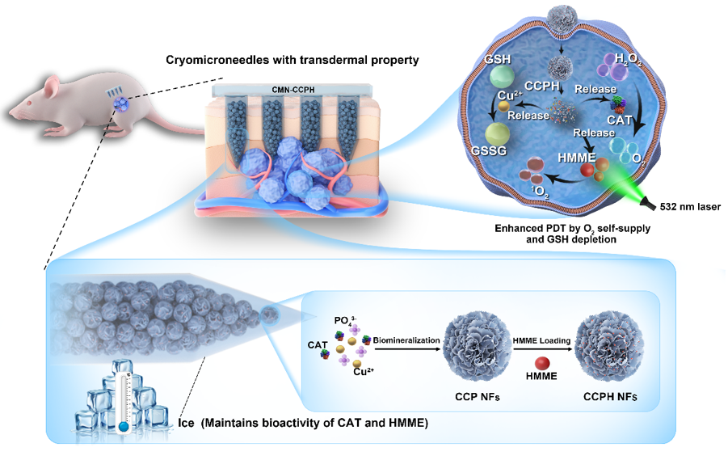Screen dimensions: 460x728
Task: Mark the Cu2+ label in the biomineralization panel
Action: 360,373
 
